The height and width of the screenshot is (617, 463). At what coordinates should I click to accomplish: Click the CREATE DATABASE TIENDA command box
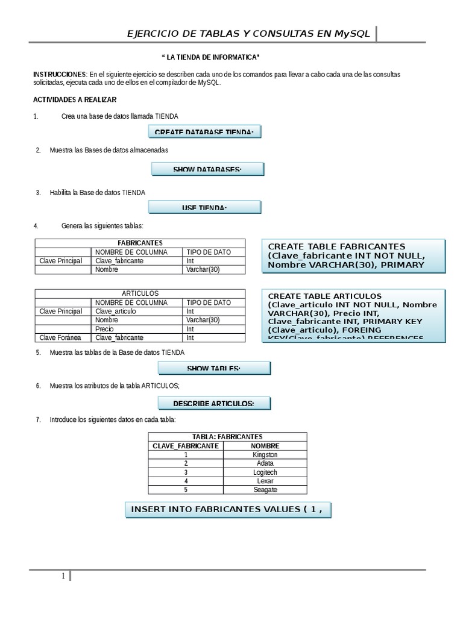pos(204,132)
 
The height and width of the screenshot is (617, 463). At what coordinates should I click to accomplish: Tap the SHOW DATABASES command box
pos(207,169)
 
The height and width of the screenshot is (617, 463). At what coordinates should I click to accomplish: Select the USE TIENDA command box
pos(204,207)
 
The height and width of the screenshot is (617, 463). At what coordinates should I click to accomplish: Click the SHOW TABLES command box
pos(214,368)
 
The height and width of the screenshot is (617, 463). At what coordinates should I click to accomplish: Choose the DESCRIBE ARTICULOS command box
pos(214,403)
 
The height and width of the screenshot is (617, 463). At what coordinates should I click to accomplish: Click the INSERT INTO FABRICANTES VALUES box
pos(227,509)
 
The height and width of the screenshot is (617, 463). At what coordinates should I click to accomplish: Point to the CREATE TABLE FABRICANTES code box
pos(354,255)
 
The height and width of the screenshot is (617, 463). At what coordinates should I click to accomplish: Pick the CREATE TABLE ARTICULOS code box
pos(354,315)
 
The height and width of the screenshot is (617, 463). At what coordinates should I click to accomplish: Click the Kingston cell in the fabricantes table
pos(265,454)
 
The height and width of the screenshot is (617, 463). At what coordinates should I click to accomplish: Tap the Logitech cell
pos(265,472)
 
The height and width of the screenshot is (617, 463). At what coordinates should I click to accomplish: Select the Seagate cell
pos(265,490)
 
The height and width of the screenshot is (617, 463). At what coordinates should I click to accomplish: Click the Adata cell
pos(265,463)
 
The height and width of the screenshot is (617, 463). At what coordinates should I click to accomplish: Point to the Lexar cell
pos(265,481)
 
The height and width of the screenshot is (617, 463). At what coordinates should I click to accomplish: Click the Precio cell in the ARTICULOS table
pos(104,329)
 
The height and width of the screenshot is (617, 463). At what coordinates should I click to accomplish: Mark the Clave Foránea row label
pos(60,338)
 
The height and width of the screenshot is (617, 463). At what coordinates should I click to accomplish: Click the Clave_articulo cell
pos(116,311)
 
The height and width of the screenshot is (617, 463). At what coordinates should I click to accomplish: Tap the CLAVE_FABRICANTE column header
pos(186,445)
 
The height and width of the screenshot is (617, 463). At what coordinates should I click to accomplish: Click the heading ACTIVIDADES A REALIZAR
pos(75,99)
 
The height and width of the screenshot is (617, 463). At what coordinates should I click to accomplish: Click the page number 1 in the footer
pos(63,576)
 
